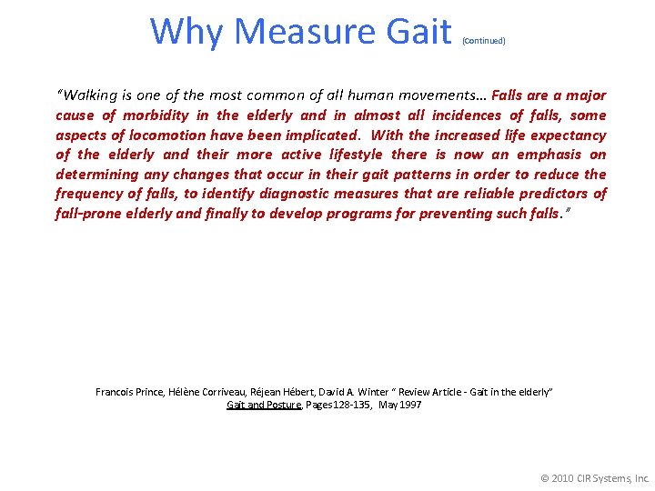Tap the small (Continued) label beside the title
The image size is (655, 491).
click(x=484, y=41)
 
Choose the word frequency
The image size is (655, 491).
click(x=93, y=194)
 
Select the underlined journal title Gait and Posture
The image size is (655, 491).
click(x=264, y=405)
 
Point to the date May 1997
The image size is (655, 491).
click(x=400, y=405)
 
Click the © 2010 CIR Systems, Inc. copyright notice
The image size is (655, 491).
click(x=595, y=477)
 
